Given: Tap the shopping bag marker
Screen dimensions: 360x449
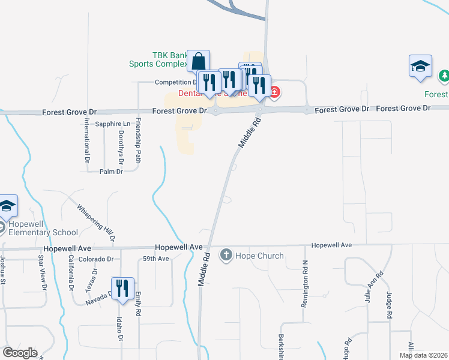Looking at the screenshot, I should coord(199,61).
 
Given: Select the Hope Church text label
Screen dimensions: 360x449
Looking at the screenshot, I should coord(259,256).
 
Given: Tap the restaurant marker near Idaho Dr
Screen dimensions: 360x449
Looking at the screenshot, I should coord(123,288).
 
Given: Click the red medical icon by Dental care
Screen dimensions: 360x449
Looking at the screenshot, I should coord(274,92).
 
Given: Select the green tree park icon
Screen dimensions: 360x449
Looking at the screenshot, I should coord(444,76).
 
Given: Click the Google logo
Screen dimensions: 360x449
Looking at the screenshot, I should coord(20,353).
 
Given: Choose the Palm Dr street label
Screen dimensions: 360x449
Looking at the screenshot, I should coord(111,172).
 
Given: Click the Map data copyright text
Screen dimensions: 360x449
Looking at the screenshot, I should coord(423,355).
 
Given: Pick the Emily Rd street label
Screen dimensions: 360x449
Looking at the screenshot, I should coord(138,304).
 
